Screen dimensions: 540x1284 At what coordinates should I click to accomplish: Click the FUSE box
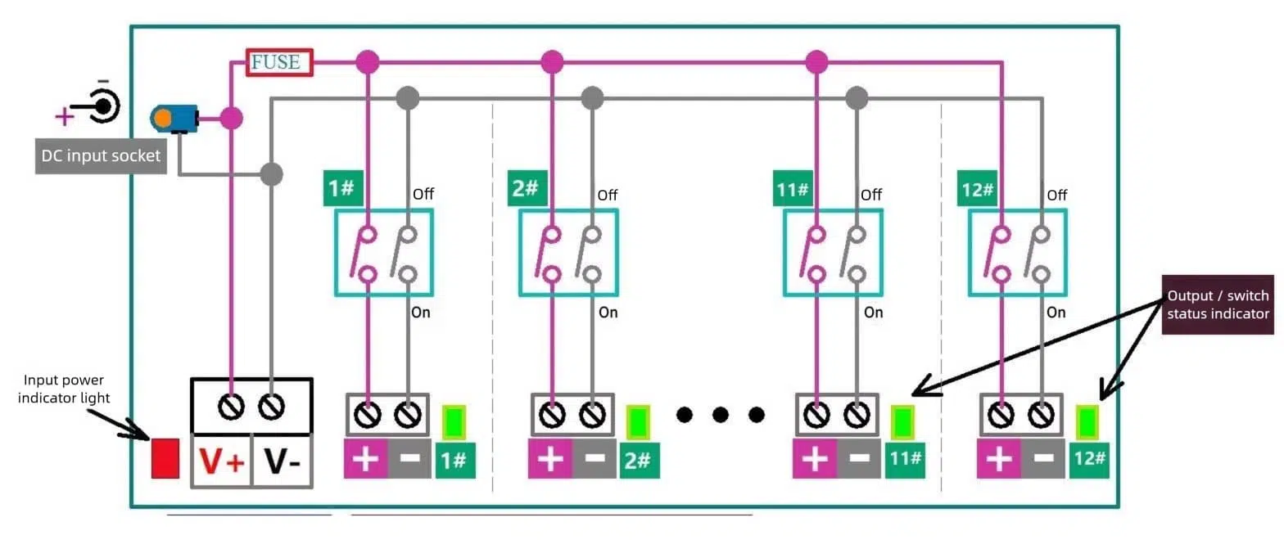280,62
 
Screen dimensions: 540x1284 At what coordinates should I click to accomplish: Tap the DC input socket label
101,155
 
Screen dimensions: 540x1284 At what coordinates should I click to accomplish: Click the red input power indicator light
165,458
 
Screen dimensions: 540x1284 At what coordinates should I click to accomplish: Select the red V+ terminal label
222,463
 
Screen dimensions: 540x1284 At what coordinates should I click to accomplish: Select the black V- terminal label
282,463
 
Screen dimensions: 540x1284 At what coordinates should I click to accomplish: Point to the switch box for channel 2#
567,252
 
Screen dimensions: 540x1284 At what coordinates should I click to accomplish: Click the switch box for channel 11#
833,252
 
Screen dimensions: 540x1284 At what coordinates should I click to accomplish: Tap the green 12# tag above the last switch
977,189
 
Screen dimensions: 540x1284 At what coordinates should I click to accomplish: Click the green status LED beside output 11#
902,422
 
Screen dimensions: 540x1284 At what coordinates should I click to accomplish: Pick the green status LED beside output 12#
1087,422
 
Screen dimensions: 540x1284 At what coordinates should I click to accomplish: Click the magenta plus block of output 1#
365,460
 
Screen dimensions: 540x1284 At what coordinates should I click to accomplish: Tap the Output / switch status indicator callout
1218,304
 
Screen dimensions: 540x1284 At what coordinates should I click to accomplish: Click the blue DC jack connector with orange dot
174,119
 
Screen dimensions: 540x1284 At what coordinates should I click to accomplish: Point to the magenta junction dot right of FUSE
368,61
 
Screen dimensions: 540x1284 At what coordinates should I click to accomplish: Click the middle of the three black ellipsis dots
720,415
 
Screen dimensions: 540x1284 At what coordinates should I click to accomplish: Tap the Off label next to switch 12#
1056,196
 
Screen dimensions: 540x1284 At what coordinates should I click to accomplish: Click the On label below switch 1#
421,313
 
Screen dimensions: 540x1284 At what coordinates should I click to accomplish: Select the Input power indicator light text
64,389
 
